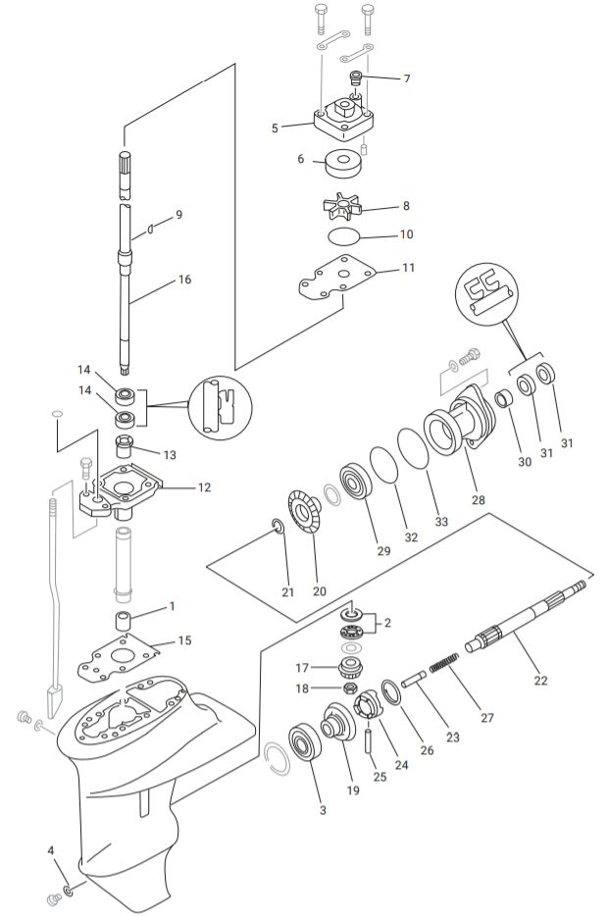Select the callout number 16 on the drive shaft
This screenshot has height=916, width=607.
coord(183,280)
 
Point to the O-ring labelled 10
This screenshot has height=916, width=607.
coord(344,236)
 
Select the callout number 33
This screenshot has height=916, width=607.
coord(441,522)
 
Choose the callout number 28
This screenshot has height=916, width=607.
coord(478,501)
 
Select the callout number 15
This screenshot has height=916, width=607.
coord(184,640)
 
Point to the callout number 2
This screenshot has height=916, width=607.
coord(387,622)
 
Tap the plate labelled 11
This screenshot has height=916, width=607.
coord(338,277)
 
